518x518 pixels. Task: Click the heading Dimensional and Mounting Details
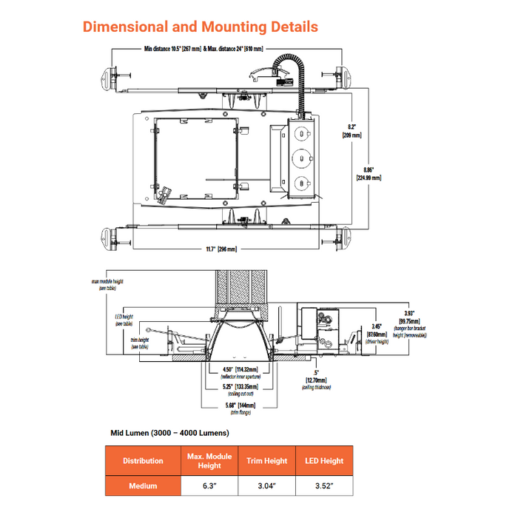pyautogui.click(x=200, y=27)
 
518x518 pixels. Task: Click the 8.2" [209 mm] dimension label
pyautogui.click(x=351, y=131)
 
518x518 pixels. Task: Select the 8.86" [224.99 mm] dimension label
pyautogui.click(x=368, y=173)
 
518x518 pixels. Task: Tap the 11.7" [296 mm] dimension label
pyautogui.click(x=221, y=249)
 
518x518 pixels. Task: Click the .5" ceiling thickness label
pyautogui.click(x=316, y=377)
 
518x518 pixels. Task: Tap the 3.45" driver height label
pyautogui.click(x=378, y=332)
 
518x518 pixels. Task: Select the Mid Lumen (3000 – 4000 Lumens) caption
pyautogui.click(x=169, y=432)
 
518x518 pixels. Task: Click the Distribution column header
pyautogui.click(x=143, y=461)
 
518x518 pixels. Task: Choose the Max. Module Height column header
pyautogui.click(x=209, y=461)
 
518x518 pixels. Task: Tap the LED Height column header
pyautogui.click(x=324, y=461)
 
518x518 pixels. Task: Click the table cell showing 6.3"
pyautogui.click(x=209, y=486)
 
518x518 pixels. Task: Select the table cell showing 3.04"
pyautogui.click(x=266, y=486)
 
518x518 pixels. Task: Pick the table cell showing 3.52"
pyautogui.click(x=324, y=486)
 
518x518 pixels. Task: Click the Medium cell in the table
pyautogui.click(x=143, y=486)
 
